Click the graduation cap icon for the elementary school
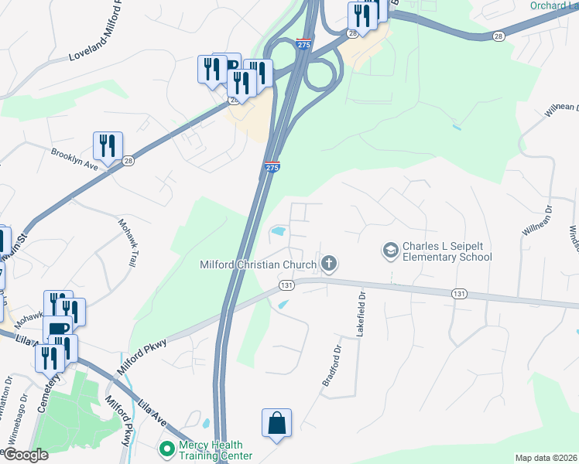391,250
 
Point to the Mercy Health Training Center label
211,449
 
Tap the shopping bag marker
276,423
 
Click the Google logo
25,455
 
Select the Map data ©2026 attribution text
545,458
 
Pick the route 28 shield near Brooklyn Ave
128,160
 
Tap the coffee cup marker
57,330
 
